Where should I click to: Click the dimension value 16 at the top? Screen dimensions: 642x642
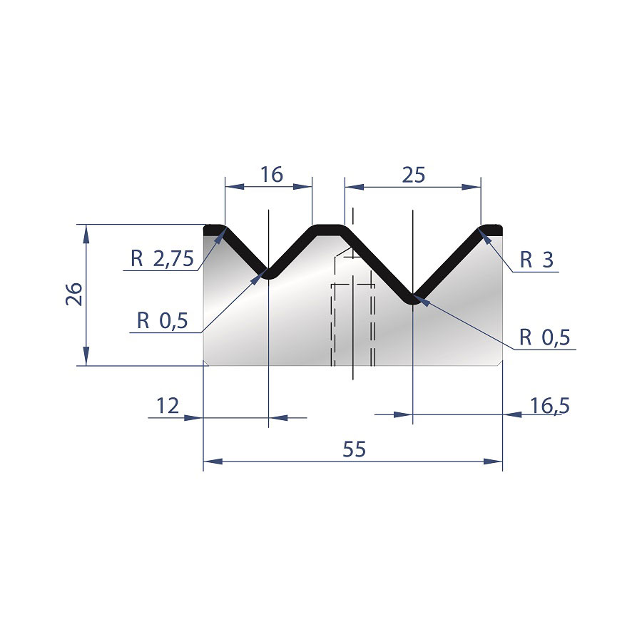[x=272, y=175]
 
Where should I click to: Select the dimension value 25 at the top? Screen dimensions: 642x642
[x=413, y=175]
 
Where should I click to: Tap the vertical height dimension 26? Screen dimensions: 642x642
[x=74, y=294]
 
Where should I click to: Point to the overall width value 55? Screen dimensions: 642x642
[x=354, y=449]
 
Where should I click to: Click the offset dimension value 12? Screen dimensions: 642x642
[x=168, y=406]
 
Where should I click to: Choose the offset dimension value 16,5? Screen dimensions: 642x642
[x=549, y=406]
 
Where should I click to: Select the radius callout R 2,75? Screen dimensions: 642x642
[x=162, y=259]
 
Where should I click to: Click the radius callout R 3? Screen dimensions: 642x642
[x=536, y=260]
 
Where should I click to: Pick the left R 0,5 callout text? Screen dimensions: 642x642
[x=162, y=320]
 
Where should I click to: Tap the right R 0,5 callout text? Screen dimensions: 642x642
[x=544, y=337]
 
